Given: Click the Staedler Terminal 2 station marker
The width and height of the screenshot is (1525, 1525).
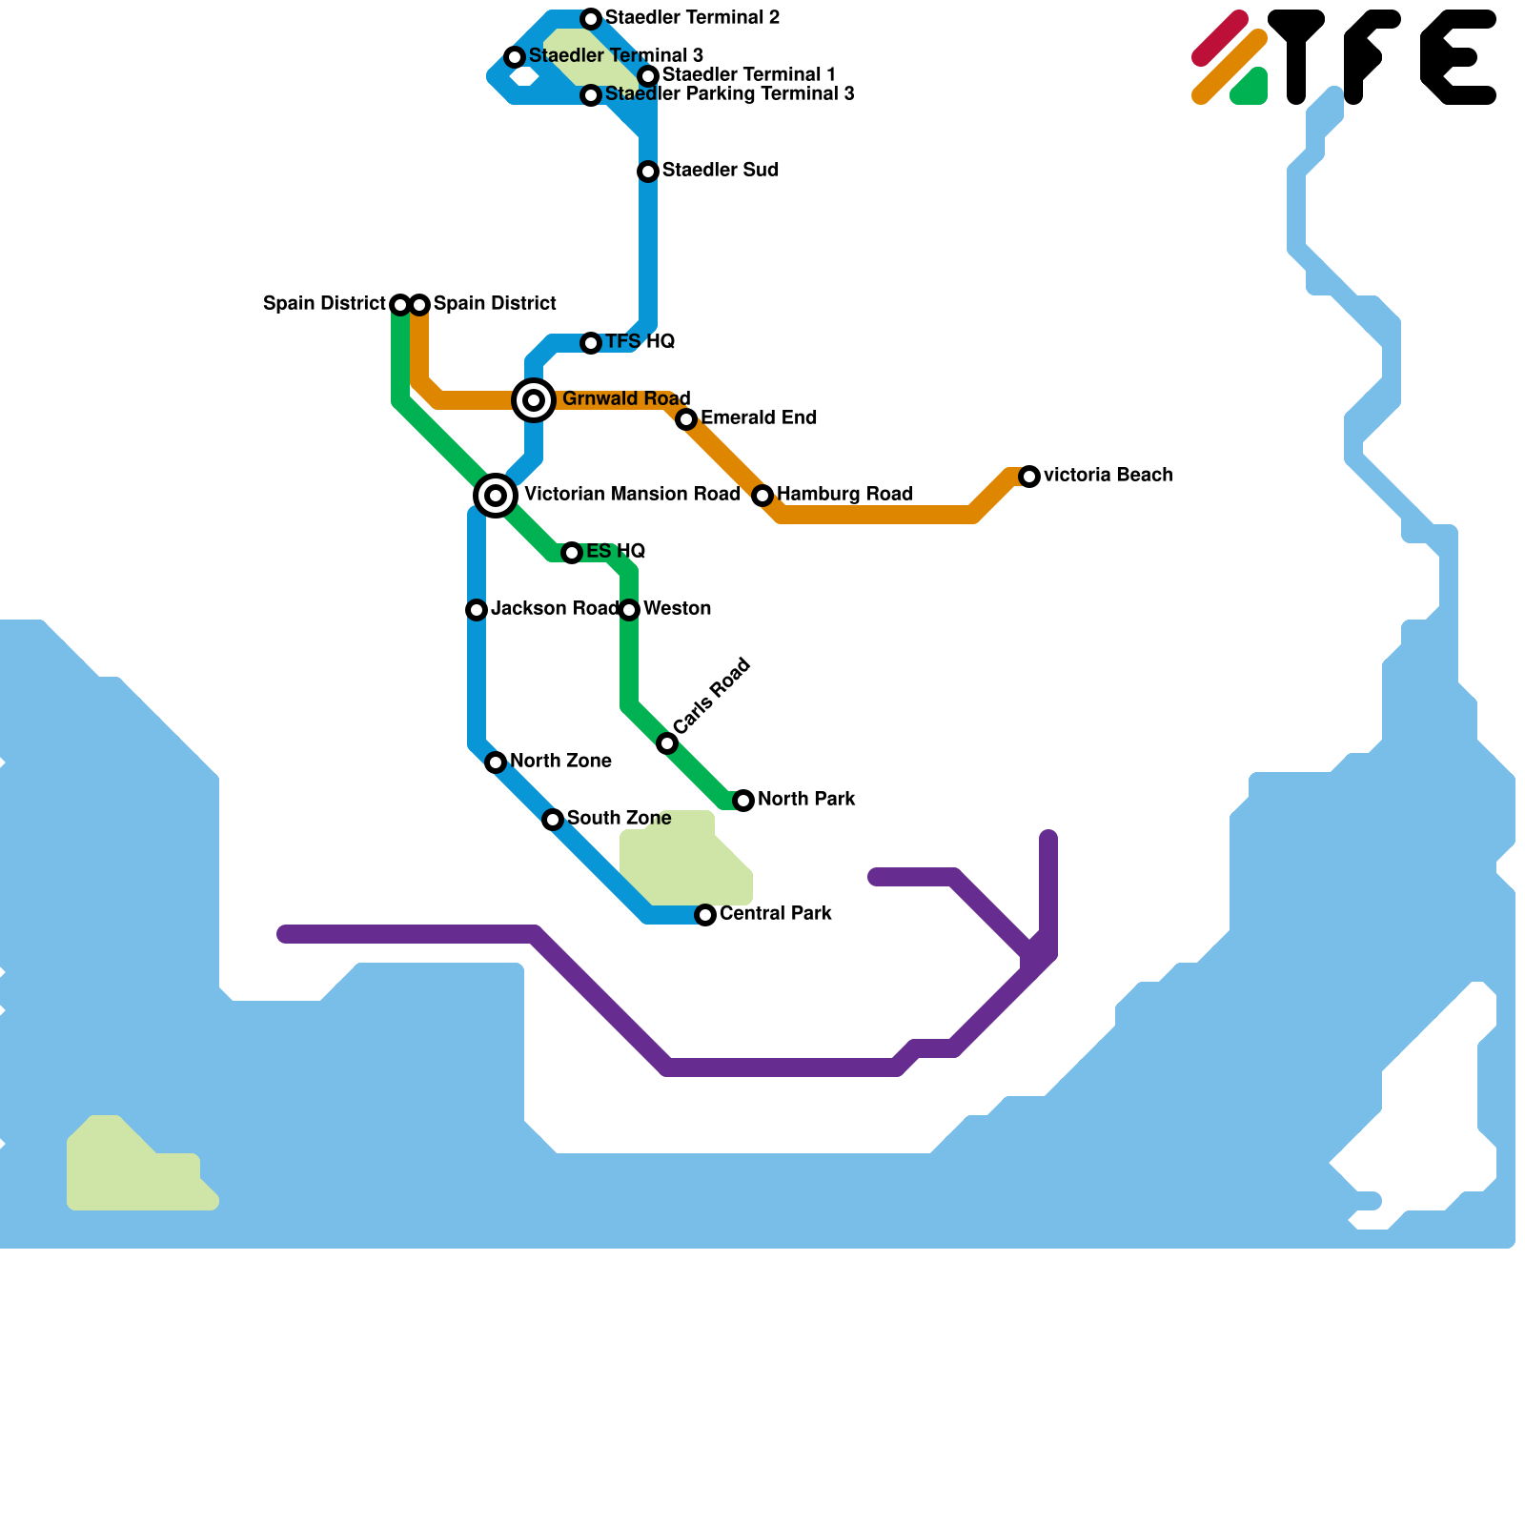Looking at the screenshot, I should [591, 19].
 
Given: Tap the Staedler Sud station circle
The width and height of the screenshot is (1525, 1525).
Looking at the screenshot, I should [648, 172].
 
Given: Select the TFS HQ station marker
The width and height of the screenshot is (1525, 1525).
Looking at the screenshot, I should [591, 343].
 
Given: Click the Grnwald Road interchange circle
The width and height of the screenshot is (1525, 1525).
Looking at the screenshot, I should [534, 400].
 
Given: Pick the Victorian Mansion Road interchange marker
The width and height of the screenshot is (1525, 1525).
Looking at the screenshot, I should [496, 496].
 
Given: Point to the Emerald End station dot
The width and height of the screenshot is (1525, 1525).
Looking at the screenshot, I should [686, 419].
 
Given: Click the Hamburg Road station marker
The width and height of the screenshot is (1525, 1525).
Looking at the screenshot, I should [762, 496].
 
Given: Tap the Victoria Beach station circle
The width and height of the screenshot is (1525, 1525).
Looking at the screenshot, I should [1029, 477].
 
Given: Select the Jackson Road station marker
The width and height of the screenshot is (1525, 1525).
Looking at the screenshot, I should [477, 610].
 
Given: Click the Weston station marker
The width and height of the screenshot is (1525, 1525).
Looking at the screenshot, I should [629, 610].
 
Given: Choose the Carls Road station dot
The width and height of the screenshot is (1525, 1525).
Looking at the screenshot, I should [667, 743].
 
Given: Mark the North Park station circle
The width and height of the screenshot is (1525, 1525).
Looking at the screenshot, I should [743, 801].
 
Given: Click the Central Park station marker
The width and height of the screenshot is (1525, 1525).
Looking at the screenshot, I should [705, 915].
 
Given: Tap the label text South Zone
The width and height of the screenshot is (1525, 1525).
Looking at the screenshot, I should [619, 818].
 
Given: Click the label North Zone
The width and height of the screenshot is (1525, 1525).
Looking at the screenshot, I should [560, 761].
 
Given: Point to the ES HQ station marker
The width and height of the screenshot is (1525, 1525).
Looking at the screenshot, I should [571, 553].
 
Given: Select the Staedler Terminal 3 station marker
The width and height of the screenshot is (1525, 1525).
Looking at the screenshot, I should [515, 57].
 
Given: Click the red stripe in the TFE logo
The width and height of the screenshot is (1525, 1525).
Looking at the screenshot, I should [1220, 38].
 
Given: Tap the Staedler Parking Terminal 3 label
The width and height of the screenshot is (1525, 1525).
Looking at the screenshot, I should [729, 93].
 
